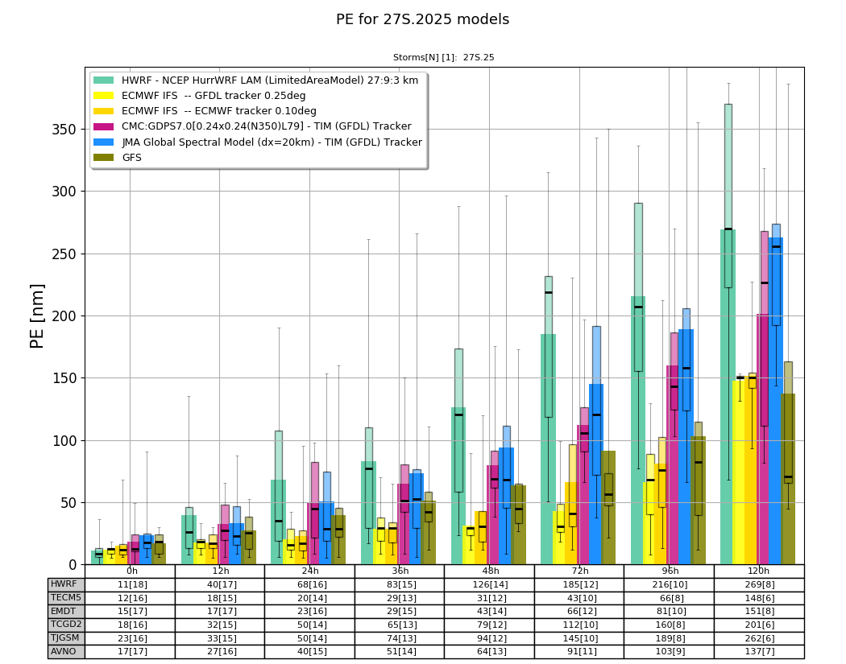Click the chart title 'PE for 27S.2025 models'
[422, 19]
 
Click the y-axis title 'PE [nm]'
[37, 316]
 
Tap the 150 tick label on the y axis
[64, 378]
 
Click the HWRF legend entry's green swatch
[104, 80]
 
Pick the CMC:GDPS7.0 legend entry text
[267, 126]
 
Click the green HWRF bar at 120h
[728, 398]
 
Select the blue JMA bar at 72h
[596, 474]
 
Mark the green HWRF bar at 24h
[279, 522]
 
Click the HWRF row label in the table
[64, 584]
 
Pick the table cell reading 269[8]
[760, 585]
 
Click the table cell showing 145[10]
[580, 638]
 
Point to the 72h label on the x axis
[580, 571]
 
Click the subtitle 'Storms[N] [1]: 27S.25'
[443, 57]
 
